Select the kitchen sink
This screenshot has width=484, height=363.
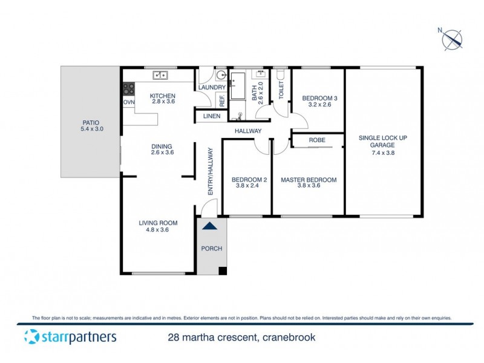tap(160, 75)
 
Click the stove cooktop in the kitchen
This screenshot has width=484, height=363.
tap(129, 88)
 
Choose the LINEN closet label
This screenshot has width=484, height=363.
tap(211, 116)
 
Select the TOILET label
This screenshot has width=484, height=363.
tap(281, 91)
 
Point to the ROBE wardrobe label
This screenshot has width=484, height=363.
tap(317, 140)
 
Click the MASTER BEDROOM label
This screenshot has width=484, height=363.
tap(308, 180)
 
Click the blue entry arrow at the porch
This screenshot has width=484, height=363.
tap(209, 226)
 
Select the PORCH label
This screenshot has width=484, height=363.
tap(212, 249)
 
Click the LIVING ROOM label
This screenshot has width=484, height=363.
tap(156, 223)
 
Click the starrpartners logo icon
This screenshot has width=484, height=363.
tap(32, 337)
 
